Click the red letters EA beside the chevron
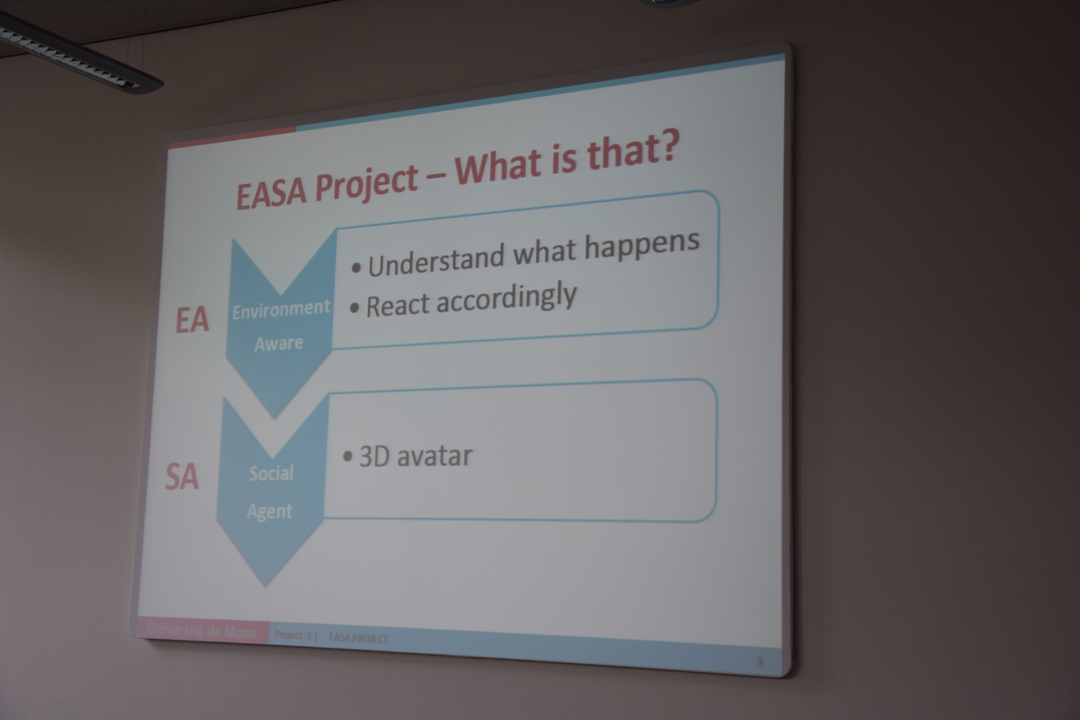coord(192,320)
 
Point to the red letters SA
coord(182,477)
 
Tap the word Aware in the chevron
coord(279,343)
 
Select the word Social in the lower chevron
coord(271,473)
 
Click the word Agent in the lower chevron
coord(270,512)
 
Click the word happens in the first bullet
coord(642,246)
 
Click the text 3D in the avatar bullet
coord(374,456)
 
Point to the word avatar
coord(435,456)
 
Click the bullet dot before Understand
coord(356,268)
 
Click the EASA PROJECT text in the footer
coord(359,638)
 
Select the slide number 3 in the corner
coord(759,662)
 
